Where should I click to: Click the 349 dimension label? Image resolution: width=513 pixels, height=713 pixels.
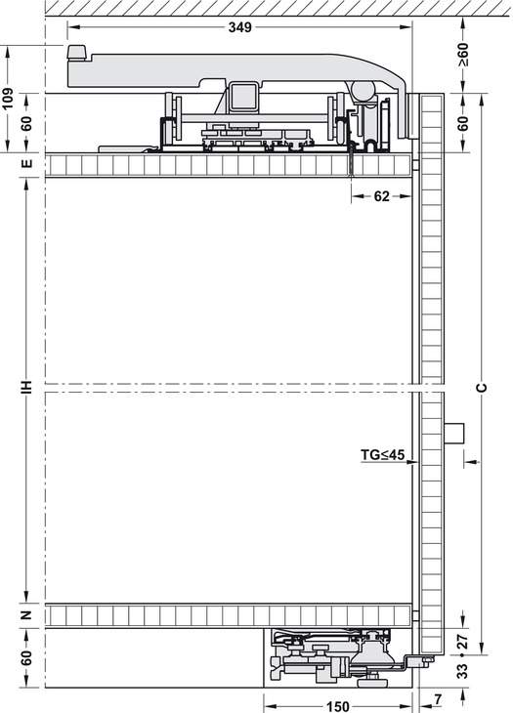point(239,27)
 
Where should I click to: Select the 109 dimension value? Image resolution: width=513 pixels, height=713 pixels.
point(8,99)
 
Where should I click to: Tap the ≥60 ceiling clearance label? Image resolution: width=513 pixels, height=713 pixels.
point(463,55)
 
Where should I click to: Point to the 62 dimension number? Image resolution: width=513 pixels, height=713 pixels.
point(381,196)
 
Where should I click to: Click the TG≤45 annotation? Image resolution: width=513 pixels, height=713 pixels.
point(382,454)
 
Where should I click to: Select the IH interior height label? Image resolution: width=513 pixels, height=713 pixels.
point(27,387)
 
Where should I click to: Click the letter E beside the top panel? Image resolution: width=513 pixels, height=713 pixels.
point(27,164)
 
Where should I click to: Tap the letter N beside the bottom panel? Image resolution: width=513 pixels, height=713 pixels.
point(27,615)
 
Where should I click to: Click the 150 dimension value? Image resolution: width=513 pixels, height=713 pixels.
point(338,706)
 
